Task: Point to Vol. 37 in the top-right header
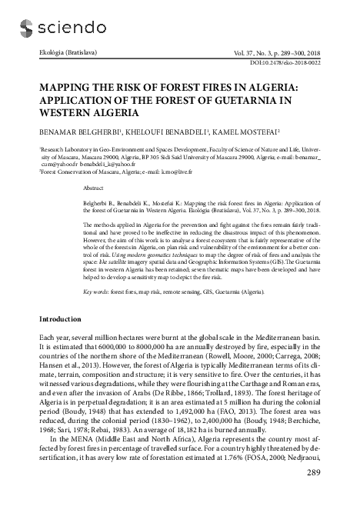click(266, 51)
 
